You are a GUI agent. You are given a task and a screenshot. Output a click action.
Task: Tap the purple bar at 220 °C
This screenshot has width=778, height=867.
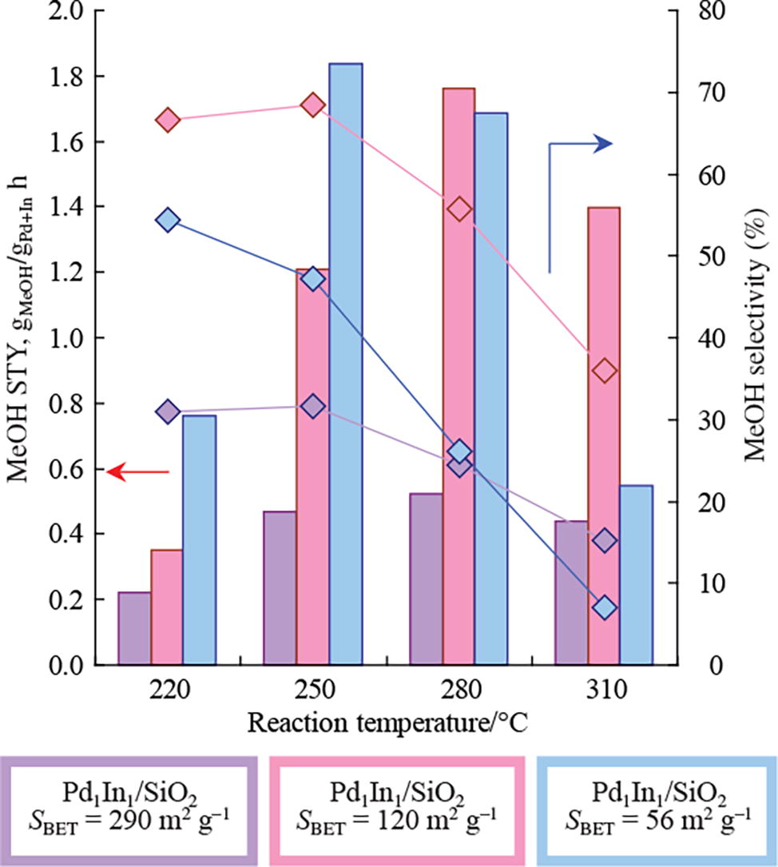134,628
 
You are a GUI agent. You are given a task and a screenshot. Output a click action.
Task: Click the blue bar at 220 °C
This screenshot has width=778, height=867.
199,540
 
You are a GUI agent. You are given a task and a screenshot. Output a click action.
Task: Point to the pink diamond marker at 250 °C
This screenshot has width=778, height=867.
313,105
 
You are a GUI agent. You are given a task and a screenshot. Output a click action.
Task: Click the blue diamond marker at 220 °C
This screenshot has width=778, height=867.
168,221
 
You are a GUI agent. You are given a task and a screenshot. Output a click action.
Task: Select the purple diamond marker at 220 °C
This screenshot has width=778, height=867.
167,412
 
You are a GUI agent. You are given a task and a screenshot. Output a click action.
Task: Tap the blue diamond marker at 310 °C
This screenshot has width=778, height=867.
605,607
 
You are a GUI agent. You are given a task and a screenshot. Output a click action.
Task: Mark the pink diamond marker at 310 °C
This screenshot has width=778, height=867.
605,371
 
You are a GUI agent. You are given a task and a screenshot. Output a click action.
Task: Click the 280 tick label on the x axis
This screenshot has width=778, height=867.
459,690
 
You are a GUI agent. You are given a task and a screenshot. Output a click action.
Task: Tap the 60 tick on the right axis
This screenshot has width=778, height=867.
701,175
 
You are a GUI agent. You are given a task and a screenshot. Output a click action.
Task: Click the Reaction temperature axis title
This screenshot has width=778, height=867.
387,724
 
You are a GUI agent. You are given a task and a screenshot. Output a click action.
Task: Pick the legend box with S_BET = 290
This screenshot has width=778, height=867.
131,809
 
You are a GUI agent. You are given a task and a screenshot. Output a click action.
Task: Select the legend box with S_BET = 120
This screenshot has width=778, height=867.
397,809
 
